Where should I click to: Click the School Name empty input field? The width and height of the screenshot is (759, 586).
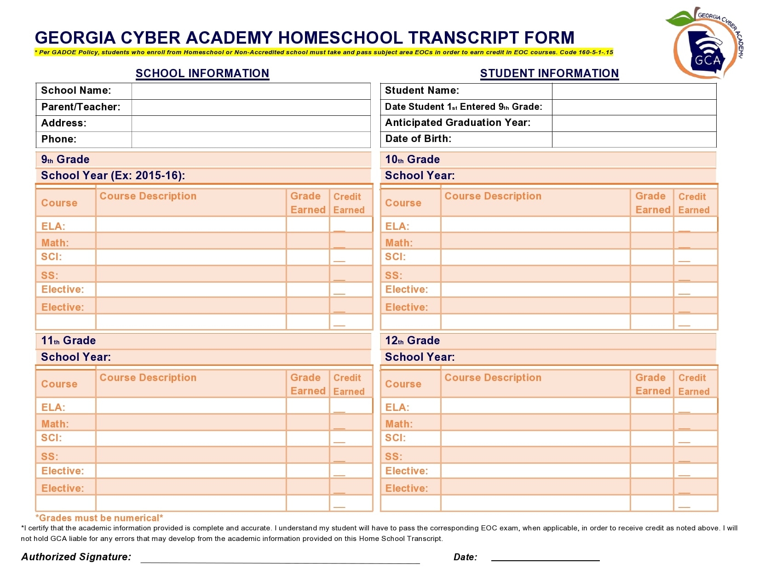coord(251,91)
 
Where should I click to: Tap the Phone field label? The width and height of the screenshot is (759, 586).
coord(59,139)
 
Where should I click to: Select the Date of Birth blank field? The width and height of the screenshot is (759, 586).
coord(633,139)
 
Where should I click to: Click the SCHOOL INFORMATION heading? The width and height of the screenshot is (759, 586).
coord(202,74)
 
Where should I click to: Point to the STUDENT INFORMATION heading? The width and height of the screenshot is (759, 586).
coord(549,74)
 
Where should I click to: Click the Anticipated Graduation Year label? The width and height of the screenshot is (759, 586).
coord(457,123)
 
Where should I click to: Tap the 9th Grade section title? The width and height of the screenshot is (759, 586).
coord(65,159)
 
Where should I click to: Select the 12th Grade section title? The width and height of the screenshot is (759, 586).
coord(412,341)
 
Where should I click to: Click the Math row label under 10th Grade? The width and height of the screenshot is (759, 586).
coord(399,243)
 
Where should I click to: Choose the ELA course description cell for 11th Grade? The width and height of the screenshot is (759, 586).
coord(190,406)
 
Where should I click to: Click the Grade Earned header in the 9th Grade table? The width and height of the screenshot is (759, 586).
coord(307,203)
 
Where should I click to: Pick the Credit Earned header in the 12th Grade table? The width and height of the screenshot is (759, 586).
coord(694,384)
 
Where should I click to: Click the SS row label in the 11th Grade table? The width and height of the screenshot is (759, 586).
coord(50,456)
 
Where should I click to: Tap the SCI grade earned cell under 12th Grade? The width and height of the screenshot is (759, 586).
coord(651,438)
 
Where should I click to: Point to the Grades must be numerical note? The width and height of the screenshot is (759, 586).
coord(99,518)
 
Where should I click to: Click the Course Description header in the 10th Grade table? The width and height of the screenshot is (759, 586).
coord(493,196)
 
